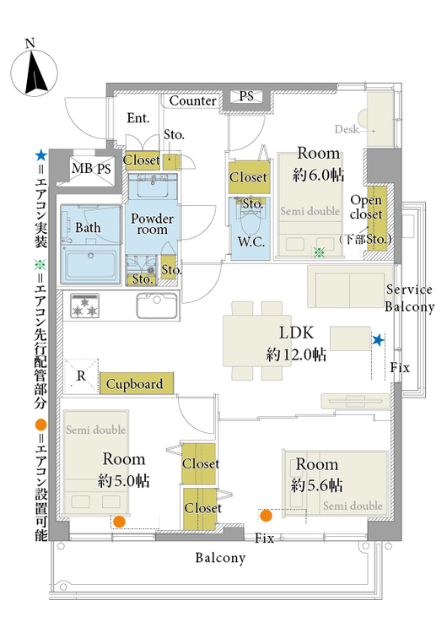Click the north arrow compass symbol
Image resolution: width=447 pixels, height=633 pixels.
pyautogui.click(x=34, y=72)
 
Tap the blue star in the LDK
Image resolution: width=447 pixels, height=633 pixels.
pyautogui.click(x=378, y=340)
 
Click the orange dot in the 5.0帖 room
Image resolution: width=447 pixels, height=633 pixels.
pyautogui.click(x=119, y=522)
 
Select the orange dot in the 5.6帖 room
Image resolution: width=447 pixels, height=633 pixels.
pyautogui.click(x=266, y=516)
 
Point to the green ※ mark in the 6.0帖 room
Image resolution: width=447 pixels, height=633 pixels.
pyautogui.click(x=320, y=252)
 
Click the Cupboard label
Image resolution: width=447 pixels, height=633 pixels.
pyautogui.click(x=134, y=384)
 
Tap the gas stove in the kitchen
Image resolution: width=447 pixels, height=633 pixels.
pyautogui.click(x=84, y=306)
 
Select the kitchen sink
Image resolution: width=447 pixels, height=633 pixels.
pyautogui.click(x=157, y=306)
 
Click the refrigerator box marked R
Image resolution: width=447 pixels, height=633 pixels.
pyautogui.click(x=81, y=376)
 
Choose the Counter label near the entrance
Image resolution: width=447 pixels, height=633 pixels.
pyautogui.click(x=192, y=100)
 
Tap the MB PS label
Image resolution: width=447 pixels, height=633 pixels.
pyautogui.click(x=91, y=168)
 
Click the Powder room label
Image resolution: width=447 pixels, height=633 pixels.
pyautogui.click(x=152, y=224)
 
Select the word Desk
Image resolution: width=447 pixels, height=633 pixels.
pyautogui.click(x=347, y=129)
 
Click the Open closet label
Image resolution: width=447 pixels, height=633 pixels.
pyautogui.click(x=366, y=207)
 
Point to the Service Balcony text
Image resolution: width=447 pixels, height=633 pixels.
pyautogui.click(x=409, y=298)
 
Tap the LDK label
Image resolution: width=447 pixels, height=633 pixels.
pyautogui.click(x=297, y=333)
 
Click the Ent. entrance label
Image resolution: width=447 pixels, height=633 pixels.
pyautogui.click(x=138, y=118)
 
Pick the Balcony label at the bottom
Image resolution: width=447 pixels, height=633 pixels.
pyautogui.click(x=220, y=558)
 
